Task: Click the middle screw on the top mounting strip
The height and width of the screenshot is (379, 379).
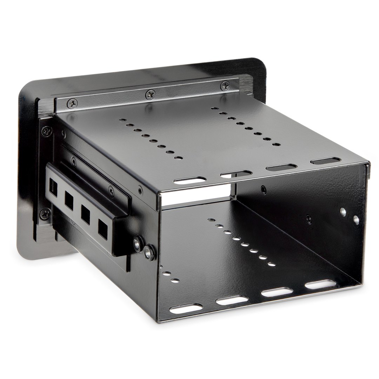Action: click(151, 94)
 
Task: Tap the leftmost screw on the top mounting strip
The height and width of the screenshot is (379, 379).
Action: click(73, 103)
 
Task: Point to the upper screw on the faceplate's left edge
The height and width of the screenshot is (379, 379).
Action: click(45, 132)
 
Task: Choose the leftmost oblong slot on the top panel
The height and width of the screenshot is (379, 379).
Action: click(190, 180)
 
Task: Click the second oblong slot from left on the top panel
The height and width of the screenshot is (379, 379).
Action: click(236, 174)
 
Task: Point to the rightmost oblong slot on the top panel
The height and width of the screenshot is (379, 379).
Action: click(325, 161)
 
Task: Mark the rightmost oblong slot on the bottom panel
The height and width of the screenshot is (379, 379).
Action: click(320, 284)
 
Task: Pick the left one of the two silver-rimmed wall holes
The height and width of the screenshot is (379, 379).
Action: click(343, 212)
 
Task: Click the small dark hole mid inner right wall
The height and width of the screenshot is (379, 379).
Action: click(308, 218)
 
